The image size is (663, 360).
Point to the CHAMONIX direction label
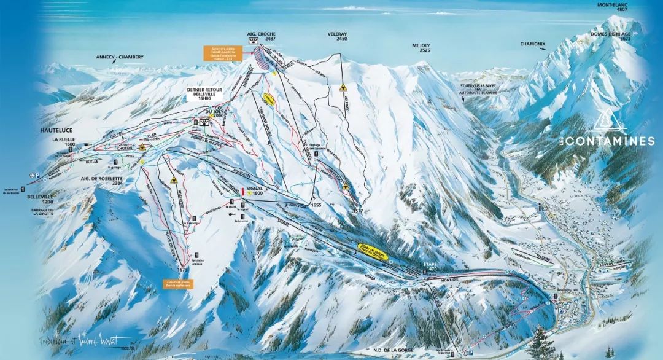coord(532,44)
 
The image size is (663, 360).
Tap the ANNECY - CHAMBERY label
coord(120,57)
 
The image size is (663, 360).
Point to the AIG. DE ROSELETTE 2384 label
coord(104,181)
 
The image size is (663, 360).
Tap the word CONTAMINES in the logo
coord(610,141)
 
